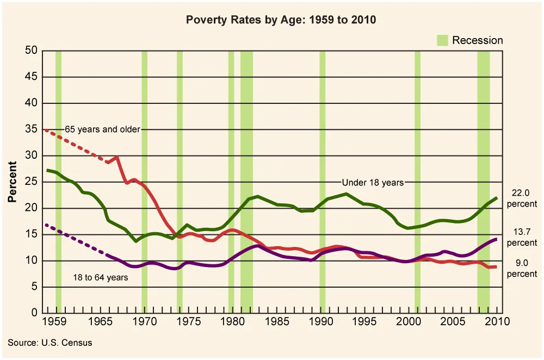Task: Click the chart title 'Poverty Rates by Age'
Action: [281, 20]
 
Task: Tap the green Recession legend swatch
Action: [442, 40]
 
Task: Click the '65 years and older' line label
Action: [102, 129]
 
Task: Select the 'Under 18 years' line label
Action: [373, 182]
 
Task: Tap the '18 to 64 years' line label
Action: [101, 277]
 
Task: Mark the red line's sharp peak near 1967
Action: [117, 157]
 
